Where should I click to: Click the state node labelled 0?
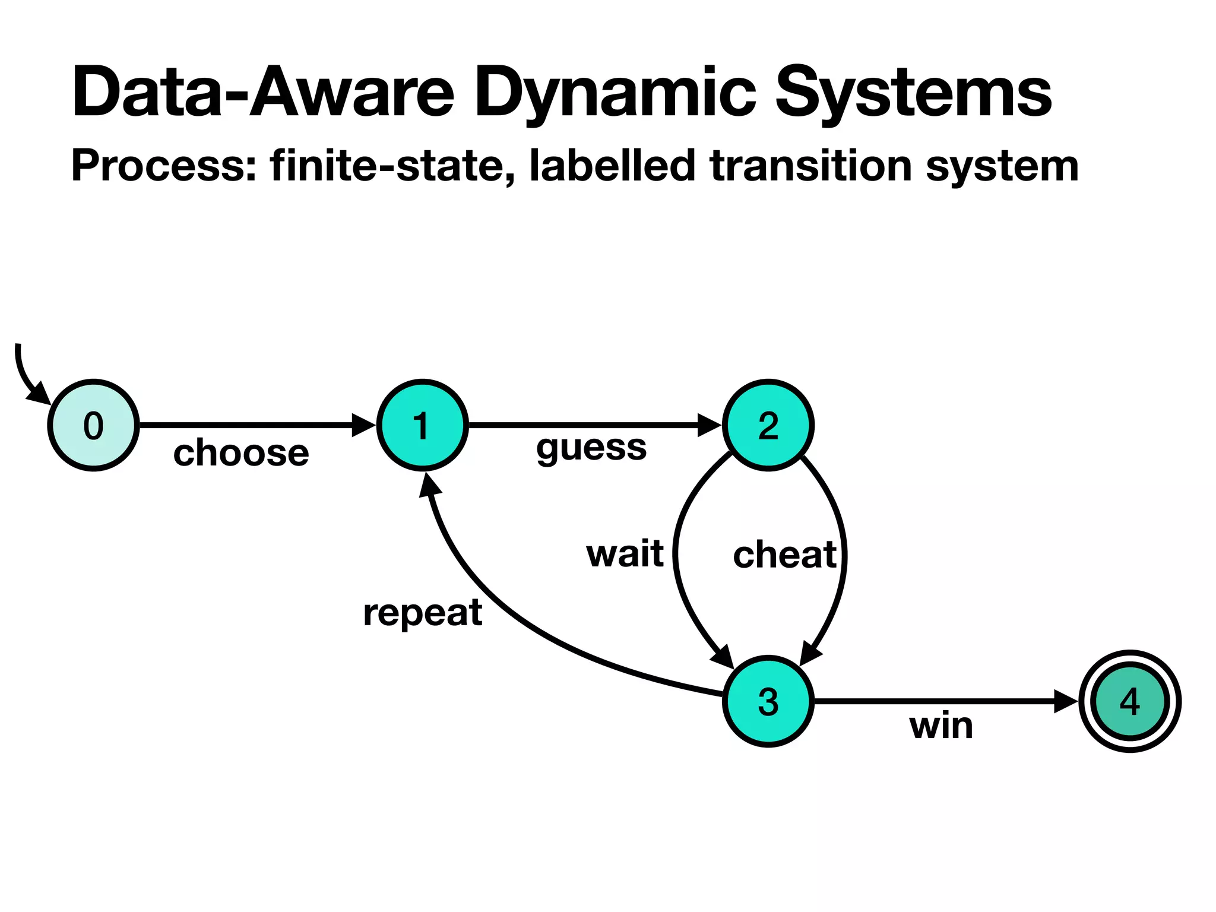[x=93, y=425]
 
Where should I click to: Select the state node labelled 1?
[x=422, y=425]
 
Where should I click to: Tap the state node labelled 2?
[x=768, y=425]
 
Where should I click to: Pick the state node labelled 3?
[x=768, y=701]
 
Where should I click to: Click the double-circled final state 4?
[x=1129, y=701]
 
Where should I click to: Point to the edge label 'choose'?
[x=241, y=453]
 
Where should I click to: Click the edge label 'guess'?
[x=591, y=448]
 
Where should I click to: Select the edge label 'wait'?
[x=625, y=553]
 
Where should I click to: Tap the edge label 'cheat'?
[x=784, y=555]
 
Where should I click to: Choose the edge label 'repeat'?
[x=422, y=613]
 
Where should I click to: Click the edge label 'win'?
[x=941, y=726]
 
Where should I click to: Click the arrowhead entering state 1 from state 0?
[x=363, y=425]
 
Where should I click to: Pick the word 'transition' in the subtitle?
[x=810, y=166]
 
